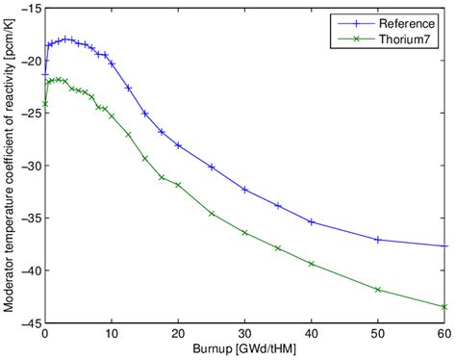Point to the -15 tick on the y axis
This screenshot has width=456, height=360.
click(30, 10)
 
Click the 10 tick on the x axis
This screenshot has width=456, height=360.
click(112, 331)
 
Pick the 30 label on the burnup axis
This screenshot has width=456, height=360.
click(244, 331)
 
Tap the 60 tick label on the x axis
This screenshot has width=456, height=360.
click(443, 331)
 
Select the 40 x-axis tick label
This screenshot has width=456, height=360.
click(311, 331)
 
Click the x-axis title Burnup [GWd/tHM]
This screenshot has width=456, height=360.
click(244, 348)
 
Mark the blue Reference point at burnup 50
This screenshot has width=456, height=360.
click(378, 239)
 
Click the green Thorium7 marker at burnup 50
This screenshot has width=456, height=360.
click(378, 289)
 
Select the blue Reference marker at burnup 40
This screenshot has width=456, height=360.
click(312, 221)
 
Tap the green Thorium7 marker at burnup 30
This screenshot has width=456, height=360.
click(244, 232)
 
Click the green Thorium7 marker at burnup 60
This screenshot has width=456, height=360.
click(444, 306)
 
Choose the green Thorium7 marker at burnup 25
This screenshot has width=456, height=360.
click(212, 213)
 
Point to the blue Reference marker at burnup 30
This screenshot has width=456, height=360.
click(244, 190)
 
